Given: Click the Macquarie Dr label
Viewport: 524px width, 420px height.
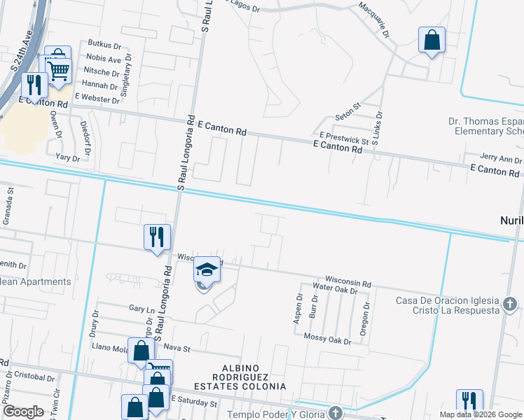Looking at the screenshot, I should tap(373, 18).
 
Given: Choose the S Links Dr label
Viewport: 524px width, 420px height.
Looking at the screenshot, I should tap(378, 128).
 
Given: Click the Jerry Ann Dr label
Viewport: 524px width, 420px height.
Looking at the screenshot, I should tap(501, 158).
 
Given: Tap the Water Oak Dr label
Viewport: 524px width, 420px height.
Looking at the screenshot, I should tap(335, 288).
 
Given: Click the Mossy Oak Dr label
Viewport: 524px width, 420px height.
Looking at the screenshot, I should tap(328, 340).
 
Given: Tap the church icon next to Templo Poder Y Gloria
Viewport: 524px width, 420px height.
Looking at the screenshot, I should tap(336, 412).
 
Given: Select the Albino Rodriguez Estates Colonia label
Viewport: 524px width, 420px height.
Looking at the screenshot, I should tap(244, 377).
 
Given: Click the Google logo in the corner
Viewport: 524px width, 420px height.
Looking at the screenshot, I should tap(22, 411).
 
